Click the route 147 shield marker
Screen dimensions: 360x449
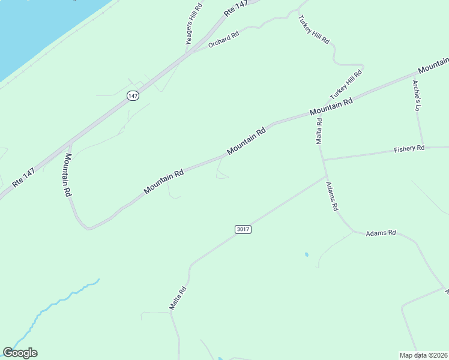(133, 96)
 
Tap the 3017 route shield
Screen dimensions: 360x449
(243, 229)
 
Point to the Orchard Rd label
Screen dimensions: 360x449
(223, 40)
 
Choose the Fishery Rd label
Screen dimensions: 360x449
(409, 148)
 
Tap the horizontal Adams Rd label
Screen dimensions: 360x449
(381, 232)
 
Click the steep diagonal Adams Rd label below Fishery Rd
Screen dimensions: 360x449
(333, 197)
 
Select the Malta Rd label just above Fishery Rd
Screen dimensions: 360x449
(319, 131)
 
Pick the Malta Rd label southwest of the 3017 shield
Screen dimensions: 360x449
(178, 298)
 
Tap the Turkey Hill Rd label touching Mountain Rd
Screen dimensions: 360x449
(346, 85)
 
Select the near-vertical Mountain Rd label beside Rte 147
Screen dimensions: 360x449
(68, 175)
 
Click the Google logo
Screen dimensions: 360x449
(20, 353)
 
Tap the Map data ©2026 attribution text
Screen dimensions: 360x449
(423, 355)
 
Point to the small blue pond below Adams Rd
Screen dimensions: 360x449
(307, 255)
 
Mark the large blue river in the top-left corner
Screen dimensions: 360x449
(36, 30)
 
